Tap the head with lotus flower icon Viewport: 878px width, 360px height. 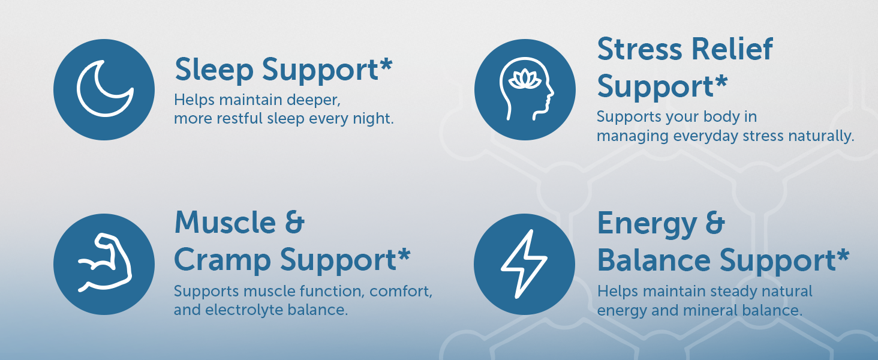click(526, 89)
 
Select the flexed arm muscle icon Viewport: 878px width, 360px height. click(105, 263)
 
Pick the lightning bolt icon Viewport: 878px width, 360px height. click(524, 264)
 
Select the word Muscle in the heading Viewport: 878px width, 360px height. click(225, 222)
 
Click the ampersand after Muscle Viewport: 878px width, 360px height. click(294, 222)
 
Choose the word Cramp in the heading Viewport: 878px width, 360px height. click(222, 260)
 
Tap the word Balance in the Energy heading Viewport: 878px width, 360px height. click(654, 260)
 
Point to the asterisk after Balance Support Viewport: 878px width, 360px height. click(843, 255)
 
